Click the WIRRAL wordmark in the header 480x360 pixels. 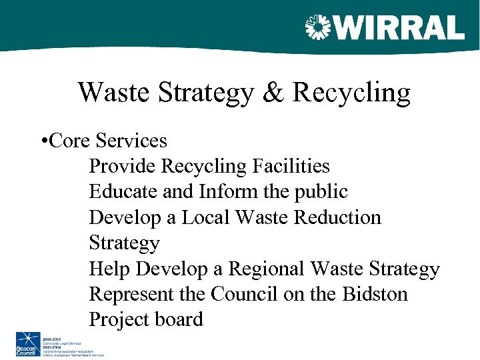400,28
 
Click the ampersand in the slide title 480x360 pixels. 273,93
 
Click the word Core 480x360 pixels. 70,141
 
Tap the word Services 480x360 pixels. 131,141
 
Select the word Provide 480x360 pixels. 123,166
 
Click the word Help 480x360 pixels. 110,269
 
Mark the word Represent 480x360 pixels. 135,295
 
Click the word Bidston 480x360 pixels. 375,294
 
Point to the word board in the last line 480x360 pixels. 178,319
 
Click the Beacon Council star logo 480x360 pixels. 28,345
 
